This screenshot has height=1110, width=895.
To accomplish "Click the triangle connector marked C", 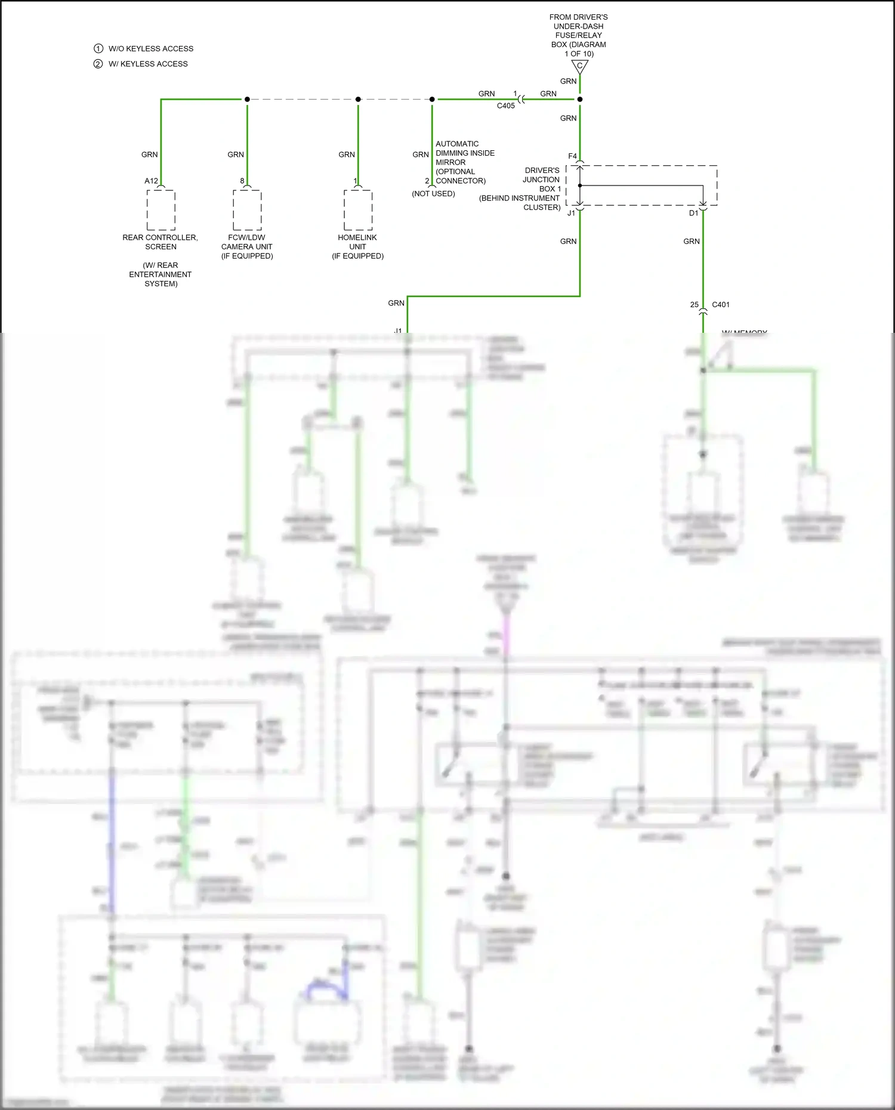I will click(579, 67).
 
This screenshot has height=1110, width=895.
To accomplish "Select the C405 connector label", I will click(505, 106).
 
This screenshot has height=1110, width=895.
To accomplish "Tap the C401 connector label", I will click(720, 304).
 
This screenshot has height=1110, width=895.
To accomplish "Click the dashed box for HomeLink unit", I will click(358, 210).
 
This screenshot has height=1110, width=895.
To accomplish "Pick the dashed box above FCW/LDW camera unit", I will click(247, 210).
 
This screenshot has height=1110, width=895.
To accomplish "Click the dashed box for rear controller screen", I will click(161, 210).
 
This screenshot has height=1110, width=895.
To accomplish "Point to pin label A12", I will click(151, 181).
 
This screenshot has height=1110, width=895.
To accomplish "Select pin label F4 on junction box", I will click(572, 156).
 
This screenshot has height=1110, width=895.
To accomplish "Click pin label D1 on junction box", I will click(693, 213).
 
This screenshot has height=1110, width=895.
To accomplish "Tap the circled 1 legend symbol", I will click(98, 48).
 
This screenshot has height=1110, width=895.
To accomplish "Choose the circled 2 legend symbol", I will click(98, 64).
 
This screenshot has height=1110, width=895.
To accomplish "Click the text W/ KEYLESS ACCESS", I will click(148, 64).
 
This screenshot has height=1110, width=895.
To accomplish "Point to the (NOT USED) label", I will click(433, 194).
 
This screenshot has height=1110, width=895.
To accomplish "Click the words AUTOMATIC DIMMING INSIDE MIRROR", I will click(465, 153).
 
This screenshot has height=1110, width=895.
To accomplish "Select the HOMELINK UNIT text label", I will click(357, 242).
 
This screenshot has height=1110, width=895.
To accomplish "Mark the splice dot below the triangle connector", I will click(579, 99).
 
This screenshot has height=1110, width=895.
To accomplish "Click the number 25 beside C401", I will click(694, 304).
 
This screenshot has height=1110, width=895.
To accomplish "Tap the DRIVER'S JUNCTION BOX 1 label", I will click(541, 180).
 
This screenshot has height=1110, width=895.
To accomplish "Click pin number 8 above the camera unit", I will click(242, 181).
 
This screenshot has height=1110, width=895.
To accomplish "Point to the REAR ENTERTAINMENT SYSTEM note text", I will click(161, 274).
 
